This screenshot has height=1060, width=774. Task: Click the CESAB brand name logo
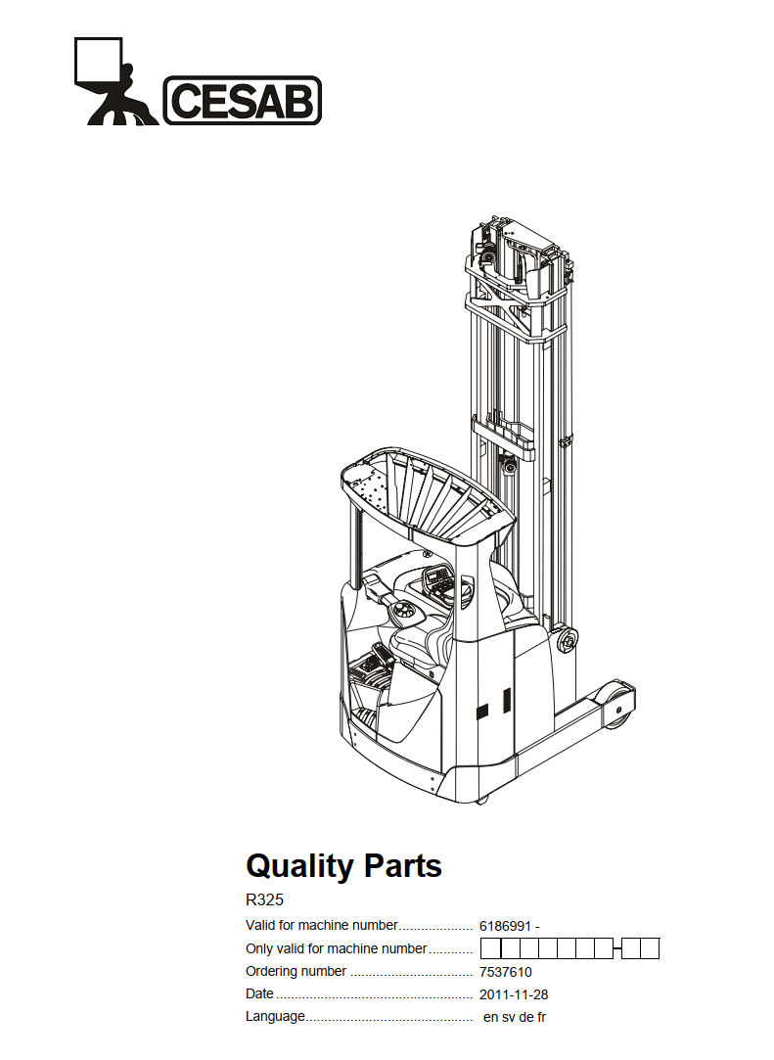[243, 100]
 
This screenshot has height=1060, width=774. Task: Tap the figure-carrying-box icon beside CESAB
[114, 81]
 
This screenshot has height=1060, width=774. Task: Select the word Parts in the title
[403, 866]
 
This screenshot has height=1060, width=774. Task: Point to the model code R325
[264, 899]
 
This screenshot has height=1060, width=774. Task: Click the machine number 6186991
[505, 926]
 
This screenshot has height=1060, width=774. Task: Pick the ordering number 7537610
[506, 972]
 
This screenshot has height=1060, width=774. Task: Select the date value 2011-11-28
[514, 994]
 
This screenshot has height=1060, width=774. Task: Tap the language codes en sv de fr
[515, 1017]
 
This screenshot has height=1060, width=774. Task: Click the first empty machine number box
[491, 948]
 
